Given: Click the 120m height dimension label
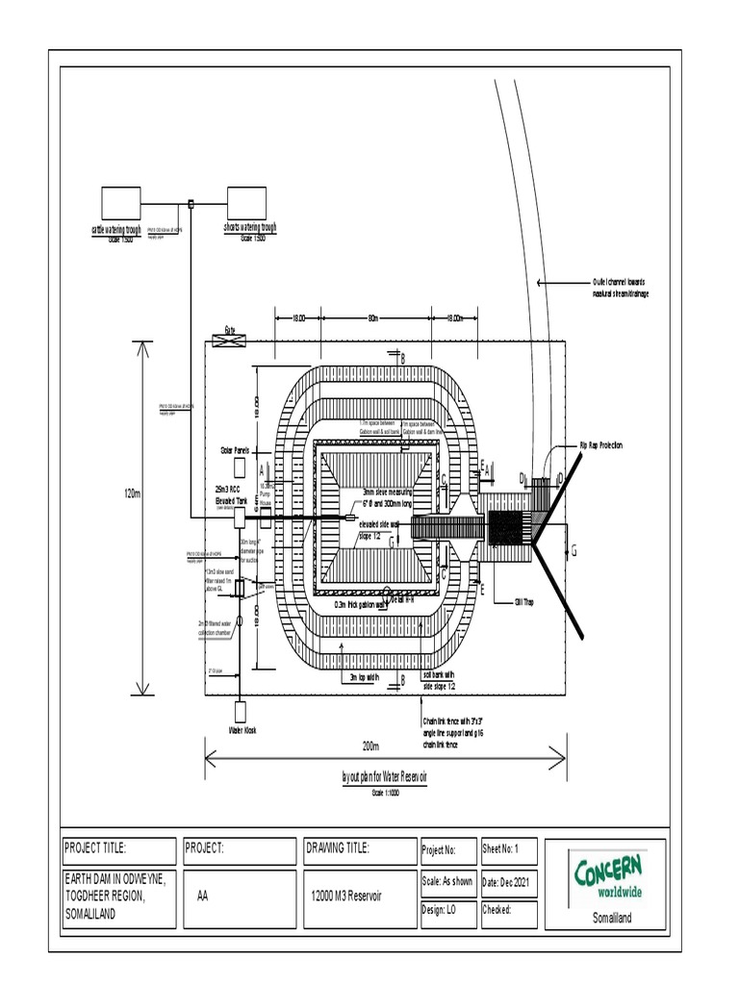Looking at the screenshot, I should pyautogui.click(x=133, y=493).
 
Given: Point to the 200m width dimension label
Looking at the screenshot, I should pyautogui.click(x=370, y=746).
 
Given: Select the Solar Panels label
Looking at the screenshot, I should pyautogui.click(x=236, y=449).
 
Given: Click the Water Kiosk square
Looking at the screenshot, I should pyautogui.click(x=239, y=711).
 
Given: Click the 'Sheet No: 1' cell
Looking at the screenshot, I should pyautogui.click(x=503, y=849).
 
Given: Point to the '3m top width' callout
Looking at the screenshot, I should pyautogui.click(x=361, y=677).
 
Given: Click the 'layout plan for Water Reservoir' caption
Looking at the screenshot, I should pyautogui.click(x=384, y=777).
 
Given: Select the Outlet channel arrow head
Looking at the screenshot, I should pyautogui.click(x=539, y=283).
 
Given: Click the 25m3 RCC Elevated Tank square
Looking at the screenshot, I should pyautogui.click(x=241, y=518).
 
